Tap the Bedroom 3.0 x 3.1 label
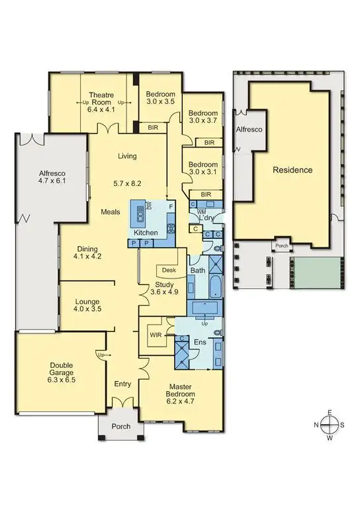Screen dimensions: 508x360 (202, 169)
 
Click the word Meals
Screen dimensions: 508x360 (111, 212)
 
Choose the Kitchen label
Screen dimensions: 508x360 (146, 233)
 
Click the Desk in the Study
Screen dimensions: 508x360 (167, 270)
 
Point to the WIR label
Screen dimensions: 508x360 (156, 335)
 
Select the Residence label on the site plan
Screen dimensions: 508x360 (292, 170)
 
